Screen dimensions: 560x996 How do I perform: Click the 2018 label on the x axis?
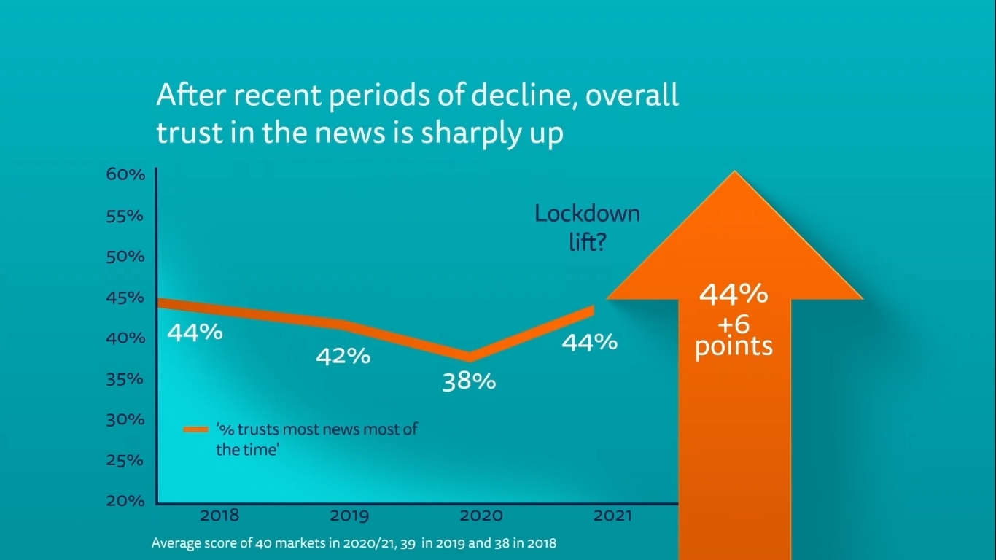219,516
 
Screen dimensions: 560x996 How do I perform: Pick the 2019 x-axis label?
349,516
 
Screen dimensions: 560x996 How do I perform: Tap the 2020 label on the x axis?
481,516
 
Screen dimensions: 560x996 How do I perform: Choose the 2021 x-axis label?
612,516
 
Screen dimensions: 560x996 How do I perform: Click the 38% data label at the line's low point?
469,381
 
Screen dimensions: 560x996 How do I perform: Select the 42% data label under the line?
343,357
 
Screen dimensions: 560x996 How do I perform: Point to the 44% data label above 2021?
589,342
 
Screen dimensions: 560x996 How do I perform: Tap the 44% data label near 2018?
195,332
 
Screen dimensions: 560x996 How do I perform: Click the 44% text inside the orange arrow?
734,294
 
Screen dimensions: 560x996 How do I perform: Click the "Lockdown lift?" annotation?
587,227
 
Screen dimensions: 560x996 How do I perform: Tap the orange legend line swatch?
196,429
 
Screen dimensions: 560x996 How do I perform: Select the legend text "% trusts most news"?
316,429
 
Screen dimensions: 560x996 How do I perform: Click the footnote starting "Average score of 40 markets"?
354,543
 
